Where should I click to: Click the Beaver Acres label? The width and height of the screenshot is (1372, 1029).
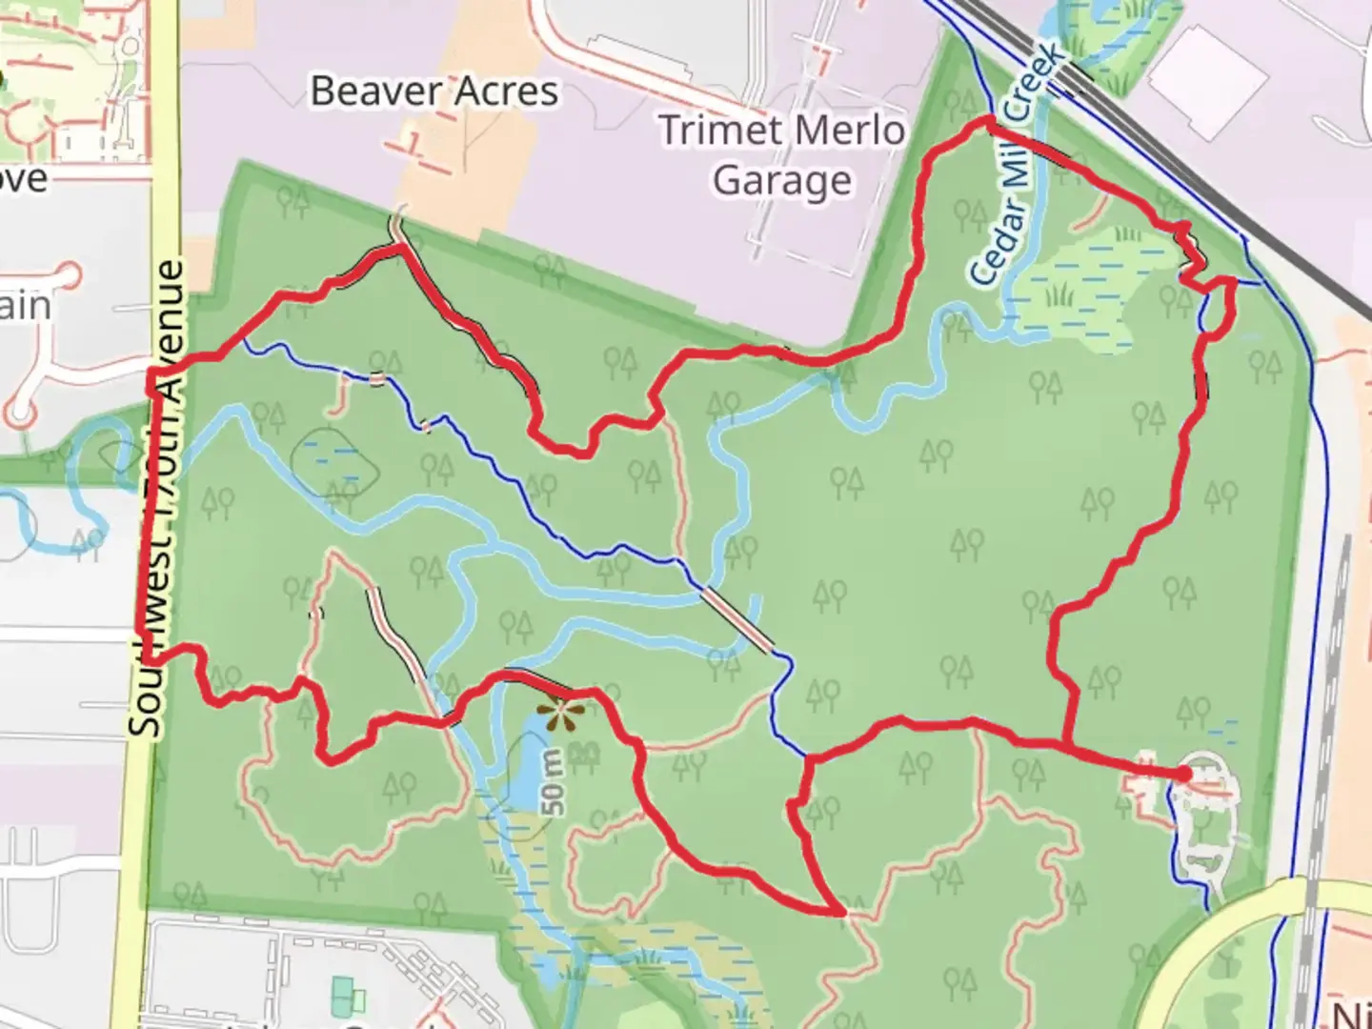(x=434, y=91)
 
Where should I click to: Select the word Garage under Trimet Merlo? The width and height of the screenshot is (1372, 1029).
(x=781, y=180)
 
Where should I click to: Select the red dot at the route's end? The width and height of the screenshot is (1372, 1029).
(x=1182, y=775)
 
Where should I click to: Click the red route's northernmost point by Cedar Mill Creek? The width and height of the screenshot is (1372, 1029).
(x=988, y=120)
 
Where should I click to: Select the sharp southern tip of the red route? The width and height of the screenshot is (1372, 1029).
(x=842, y=912)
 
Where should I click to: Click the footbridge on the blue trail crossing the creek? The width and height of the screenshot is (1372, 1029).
(x=736, y=619)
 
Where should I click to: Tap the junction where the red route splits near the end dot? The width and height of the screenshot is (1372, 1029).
(x=1065, y=744)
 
